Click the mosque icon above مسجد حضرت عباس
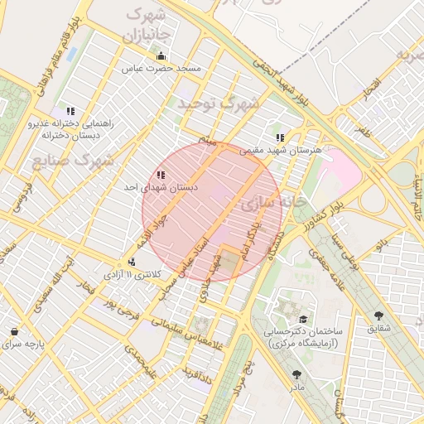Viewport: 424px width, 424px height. click(161, 56)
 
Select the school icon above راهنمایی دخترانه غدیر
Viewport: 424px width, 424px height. click(70, 110)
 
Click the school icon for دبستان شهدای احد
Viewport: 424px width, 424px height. click(160, 175)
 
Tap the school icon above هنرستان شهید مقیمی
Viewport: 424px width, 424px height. click(280, 137)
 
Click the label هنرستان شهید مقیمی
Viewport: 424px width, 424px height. click(280, 151)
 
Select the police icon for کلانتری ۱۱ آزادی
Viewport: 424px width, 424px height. click(132, 261)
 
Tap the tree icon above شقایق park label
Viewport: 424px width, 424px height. click(379, 316)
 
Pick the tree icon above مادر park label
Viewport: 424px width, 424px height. click(296, 374)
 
